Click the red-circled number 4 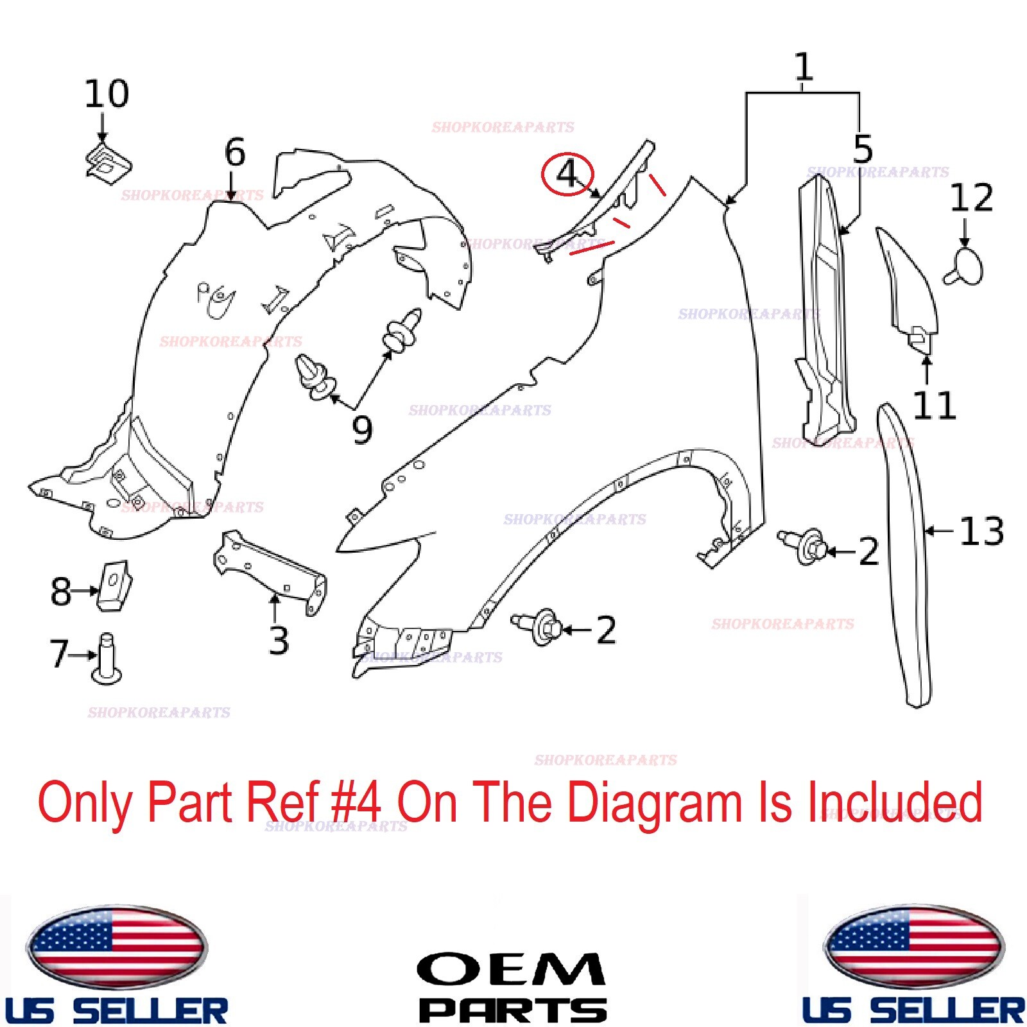click(567, 174)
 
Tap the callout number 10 click(107, 94)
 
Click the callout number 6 click(235, 153)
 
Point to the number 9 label click(362, 429)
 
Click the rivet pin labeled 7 click(107, 659)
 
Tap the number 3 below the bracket click(279, 640)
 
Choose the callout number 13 click(981, 531)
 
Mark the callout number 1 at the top click(804, 67)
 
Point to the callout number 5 click(863, 149)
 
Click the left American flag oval click(116, 947)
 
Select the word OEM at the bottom click(511, 969)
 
